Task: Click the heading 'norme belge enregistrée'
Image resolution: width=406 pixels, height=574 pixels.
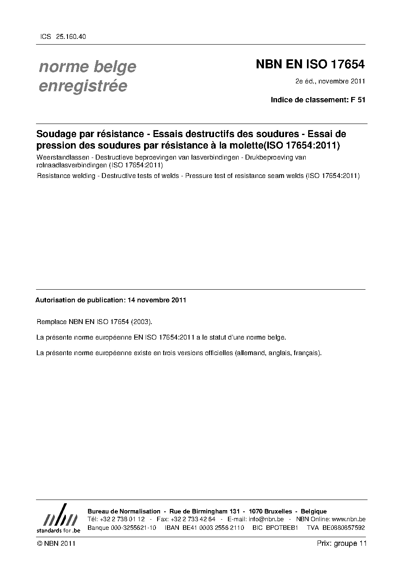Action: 87,76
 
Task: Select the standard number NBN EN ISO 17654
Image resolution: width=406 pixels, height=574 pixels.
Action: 310,65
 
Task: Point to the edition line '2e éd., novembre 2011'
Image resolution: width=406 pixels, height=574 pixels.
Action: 330,81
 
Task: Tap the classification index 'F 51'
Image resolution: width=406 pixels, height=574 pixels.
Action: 358,99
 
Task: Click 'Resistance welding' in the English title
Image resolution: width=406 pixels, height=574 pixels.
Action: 66,176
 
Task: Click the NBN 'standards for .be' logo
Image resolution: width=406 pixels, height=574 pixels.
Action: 58,518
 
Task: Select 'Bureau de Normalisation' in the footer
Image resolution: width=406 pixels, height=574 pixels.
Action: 124,511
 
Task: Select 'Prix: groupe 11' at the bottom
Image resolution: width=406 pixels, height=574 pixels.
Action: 342,543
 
